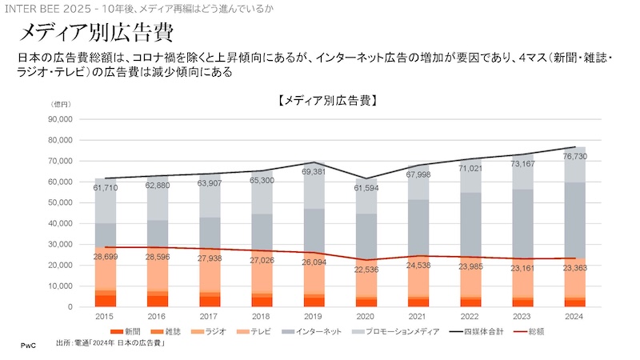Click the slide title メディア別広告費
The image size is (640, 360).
[94, 34]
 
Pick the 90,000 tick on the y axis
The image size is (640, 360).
[60, 119]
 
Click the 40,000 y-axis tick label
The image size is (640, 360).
[60, 223]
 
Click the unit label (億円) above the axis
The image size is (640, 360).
[62, 106]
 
